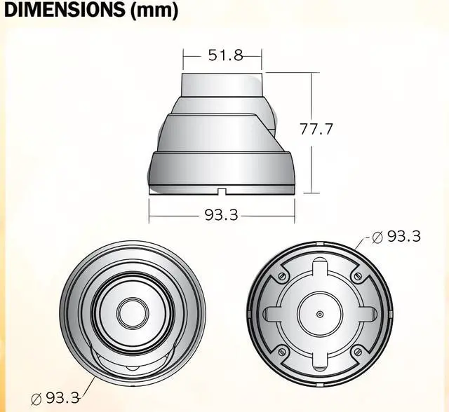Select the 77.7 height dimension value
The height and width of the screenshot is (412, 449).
pos(316,130)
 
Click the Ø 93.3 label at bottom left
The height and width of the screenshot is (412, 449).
pos(56,397)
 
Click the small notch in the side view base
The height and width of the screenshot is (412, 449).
pos(222,190)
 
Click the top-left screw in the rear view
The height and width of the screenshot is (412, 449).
pos(281,277)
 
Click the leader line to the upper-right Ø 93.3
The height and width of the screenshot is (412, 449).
pos(363,242)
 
